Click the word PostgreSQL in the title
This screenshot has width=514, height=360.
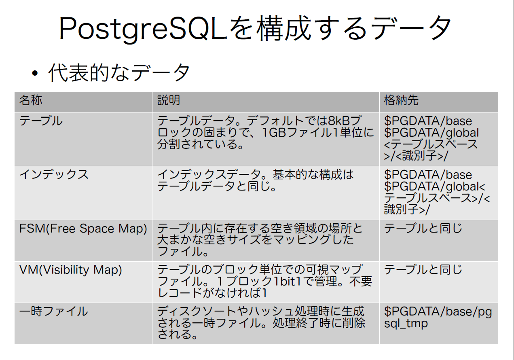tap(143, 29)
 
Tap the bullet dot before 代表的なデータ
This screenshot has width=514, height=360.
tap(35, 74)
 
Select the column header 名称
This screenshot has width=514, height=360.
tap(31, 100)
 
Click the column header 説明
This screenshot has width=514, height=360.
tap(169, 100)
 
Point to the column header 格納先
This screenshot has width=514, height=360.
tap(401, 100)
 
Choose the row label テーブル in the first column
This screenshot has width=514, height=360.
tap(41, 121)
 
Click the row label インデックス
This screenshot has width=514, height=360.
tap(54, 174)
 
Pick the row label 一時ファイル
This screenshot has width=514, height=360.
tap(53, 311)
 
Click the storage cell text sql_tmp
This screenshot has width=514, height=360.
tap(406, 324)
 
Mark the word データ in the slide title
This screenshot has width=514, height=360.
tap(411, 29)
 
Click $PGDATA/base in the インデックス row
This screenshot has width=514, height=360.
tap(428, 175)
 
